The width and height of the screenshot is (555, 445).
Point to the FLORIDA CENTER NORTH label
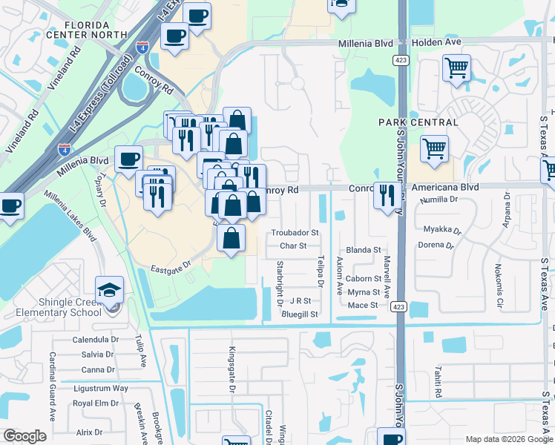77,28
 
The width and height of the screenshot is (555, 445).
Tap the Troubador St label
295,232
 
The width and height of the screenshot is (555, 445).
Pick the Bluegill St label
300,314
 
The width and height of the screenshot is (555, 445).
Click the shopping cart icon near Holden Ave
456,68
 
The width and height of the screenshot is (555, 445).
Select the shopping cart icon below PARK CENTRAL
434,148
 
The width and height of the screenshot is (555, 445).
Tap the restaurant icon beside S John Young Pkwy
385,195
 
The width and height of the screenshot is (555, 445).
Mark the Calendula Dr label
96,340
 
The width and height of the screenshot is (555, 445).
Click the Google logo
24,436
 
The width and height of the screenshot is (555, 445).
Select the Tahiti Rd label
439,381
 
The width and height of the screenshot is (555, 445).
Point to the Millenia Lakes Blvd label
70,215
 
